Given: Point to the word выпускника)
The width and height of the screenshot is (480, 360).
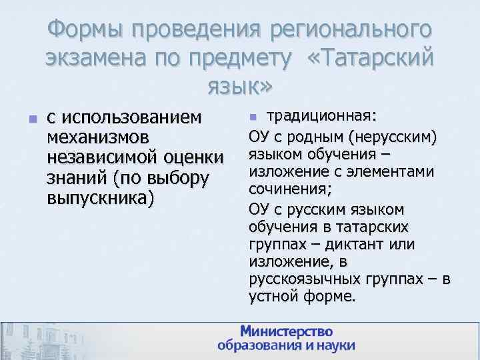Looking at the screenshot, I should [x=101, y=199].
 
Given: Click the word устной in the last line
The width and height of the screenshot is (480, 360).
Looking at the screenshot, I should [x=271, y=296].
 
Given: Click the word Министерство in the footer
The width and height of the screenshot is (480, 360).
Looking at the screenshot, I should [x=286, y=331].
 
